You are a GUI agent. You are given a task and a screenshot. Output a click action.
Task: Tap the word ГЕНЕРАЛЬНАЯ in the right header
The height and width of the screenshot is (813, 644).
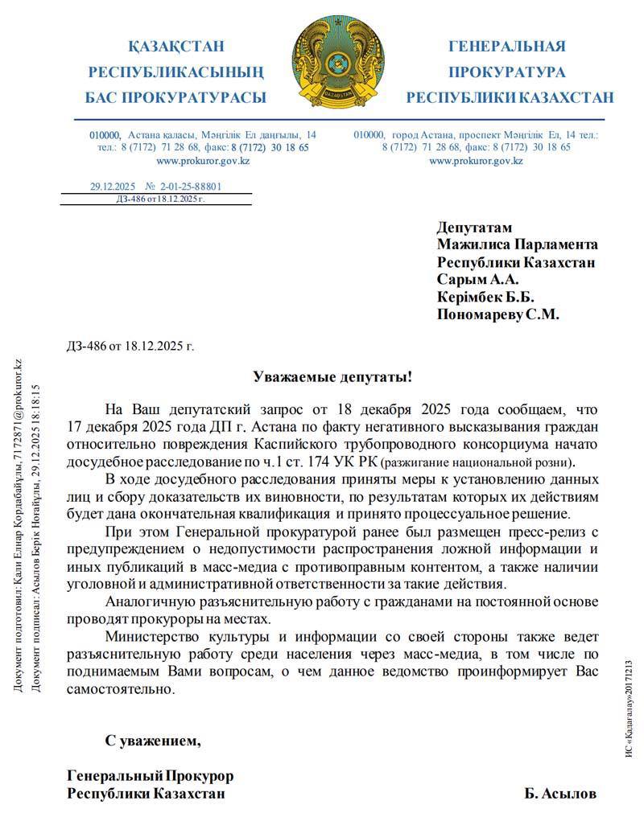(506, 47)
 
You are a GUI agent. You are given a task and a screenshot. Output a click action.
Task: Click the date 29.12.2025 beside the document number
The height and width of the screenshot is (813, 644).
(113, 187)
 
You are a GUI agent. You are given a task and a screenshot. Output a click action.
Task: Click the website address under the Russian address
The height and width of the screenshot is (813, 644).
(476, 161)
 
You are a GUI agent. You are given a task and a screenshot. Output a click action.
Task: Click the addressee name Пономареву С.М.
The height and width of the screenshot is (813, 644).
(497, 314)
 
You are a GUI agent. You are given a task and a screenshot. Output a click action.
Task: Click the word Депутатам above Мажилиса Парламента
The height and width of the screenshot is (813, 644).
(474, 227)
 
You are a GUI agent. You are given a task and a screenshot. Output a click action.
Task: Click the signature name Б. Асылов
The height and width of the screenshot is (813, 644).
(560, 794)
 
